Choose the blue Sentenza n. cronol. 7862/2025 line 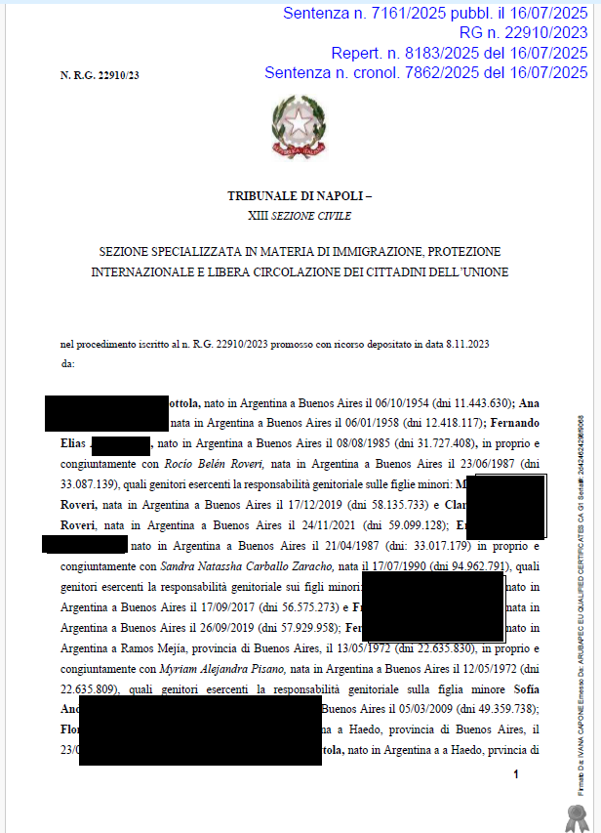pos(425,72)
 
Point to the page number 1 pos(516,773)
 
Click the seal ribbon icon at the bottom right pos(574,812)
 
